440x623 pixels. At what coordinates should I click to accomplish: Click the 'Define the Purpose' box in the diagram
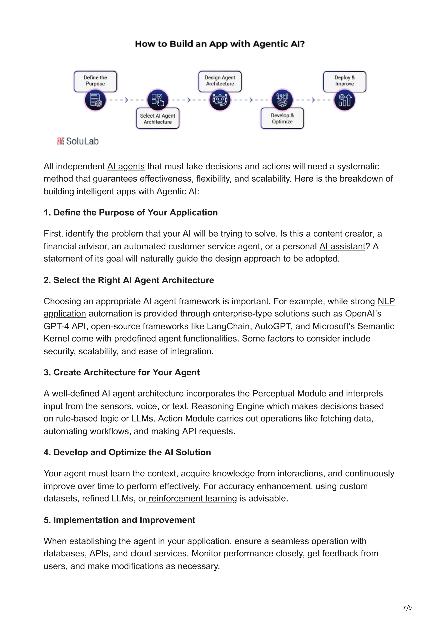[x=95, y=81]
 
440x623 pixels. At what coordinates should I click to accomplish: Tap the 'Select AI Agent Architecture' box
[x=157, y=119]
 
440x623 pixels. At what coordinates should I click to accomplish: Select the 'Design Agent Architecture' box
[x=220, y=81]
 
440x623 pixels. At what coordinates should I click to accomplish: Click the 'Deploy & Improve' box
[x=344, y=81]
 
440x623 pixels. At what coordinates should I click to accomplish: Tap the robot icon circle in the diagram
[x=220, y=100]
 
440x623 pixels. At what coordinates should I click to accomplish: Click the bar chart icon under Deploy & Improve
[x=344, y=100]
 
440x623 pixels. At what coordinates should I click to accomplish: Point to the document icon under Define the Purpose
[x=95, y=100]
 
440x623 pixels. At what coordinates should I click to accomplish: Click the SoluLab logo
[x=78, y=141]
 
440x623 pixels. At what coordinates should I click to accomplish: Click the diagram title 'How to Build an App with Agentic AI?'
[x=220, y=44]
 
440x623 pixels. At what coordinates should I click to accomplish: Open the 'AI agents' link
[x=126, y=166]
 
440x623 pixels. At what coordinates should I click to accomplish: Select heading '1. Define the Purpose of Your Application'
[x=131, y=212]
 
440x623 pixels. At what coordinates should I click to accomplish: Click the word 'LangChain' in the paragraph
[x=228, y=326]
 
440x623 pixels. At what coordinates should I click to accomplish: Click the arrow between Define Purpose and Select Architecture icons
[x=126, y=100]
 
